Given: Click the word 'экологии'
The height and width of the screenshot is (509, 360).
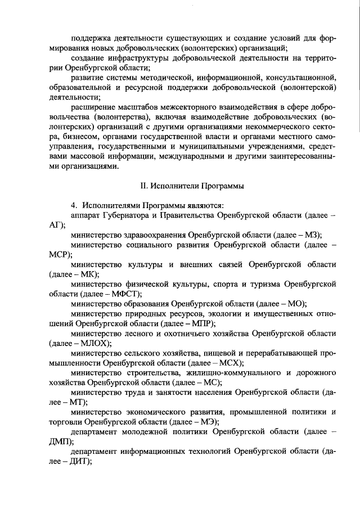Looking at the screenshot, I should [220, 313].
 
